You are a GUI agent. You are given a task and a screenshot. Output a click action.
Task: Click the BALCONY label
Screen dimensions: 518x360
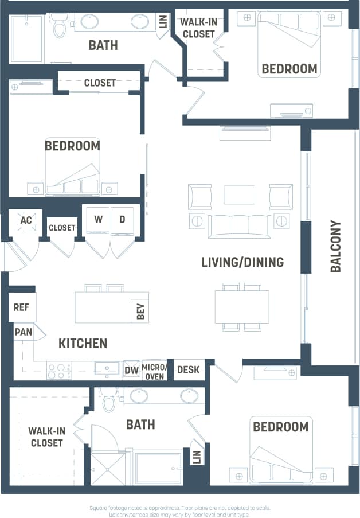[x=336, y=246]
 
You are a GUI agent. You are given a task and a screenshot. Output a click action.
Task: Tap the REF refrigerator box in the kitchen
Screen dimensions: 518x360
[x=22, y=307]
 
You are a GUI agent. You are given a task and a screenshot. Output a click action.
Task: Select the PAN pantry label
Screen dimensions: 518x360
[x=22, y=332]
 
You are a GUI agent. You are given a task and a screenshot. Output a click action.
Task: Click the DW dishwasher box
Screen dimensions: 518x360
[x=131, y=370]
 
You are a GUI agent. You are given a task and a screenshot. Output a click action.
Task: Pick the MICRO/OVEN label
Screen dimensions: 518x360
[x=155, y=371]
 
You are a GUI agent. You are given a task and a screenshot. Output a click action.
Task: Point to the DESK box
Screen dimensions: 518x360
[x=188, y=370]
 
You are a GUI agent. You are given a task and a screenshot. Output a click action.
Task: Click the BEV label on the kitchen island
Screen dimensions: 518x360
[x=140, y=311]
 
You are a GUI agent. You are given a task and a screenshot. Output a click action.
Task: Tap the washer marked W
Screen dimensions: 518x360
[x=98, y=219]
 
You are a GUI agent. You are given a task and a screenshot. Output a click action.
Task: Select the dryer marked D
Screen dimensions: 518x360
[x=122, y=219]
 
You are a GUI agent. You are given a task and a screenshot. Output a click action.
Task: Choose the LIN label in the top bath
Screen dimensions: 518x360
[x=163, y=22]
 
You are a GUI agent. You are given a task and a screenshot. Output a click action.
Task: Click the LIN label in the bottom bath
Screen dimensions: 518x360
[x=197, y=457]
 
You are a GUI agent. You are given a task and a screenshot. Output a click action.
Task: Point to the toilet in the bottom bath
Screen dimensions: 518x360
[x=109, y=400]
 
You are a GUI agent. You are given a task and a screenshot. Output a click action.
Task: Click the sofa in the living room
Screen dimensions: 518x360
[x=239, y=225]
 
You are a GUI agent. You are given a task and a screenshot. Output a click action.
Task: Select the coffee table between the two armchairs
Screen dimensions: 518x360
[x=239, y=194]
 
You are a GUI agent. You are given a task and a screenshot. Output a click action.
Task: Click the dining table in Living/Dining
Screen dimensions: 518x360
[x=241, y=307]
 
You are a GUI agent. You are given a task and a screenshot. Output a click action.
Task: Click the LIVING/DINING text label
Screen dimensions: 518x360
[x=242, y=262]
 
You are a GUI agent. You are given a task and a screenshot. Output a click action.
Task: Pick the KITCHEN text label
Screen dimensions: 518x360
[x=83, y=343]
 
